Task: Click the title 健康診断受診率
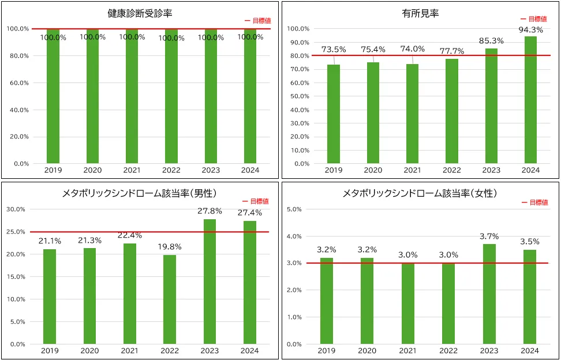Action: coord(140,13)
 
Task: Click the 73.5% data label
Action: coord(334,50)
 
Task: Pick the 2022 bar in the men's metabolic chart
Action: coord(170,299)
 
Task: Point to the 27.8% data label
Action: coord(210,211)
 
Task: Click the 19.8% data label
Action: coord(170,247)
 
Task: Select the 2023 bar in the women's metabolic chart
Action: coord(489,294)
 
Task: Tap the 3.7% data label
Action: coord(489,237)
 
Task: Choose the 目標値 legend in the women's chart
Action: coord(535,202)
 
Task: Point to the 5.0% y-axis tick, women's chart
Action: coord(295,209)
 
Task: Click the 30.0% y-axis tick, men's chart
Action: coord(16,209)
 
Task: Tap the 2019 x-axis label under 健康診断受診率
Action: coord(53,170)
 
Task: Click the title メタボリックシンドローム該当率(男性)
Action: coord(139,193)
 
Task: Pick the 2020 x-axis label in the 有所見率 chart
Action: coord(373,170)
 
